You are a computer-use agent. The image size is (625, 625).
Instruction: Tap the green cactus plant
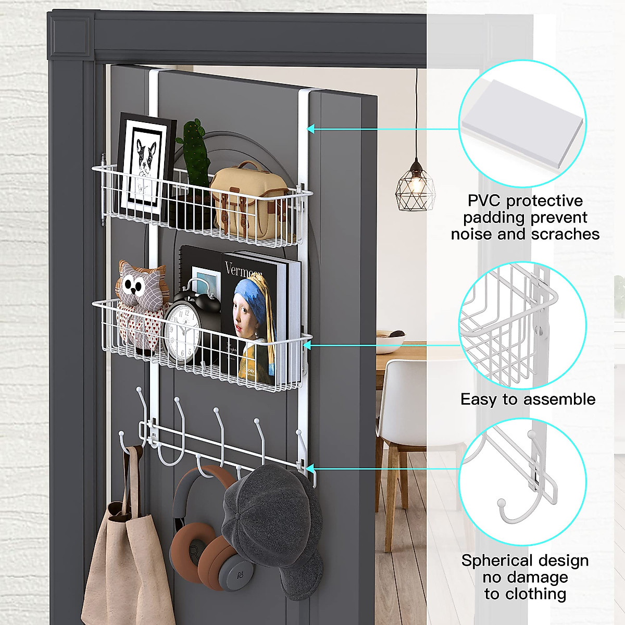click(x=194, y=151)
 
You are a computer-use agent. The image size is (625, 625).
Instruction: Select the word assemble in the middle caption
click(x=559, y=399)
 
